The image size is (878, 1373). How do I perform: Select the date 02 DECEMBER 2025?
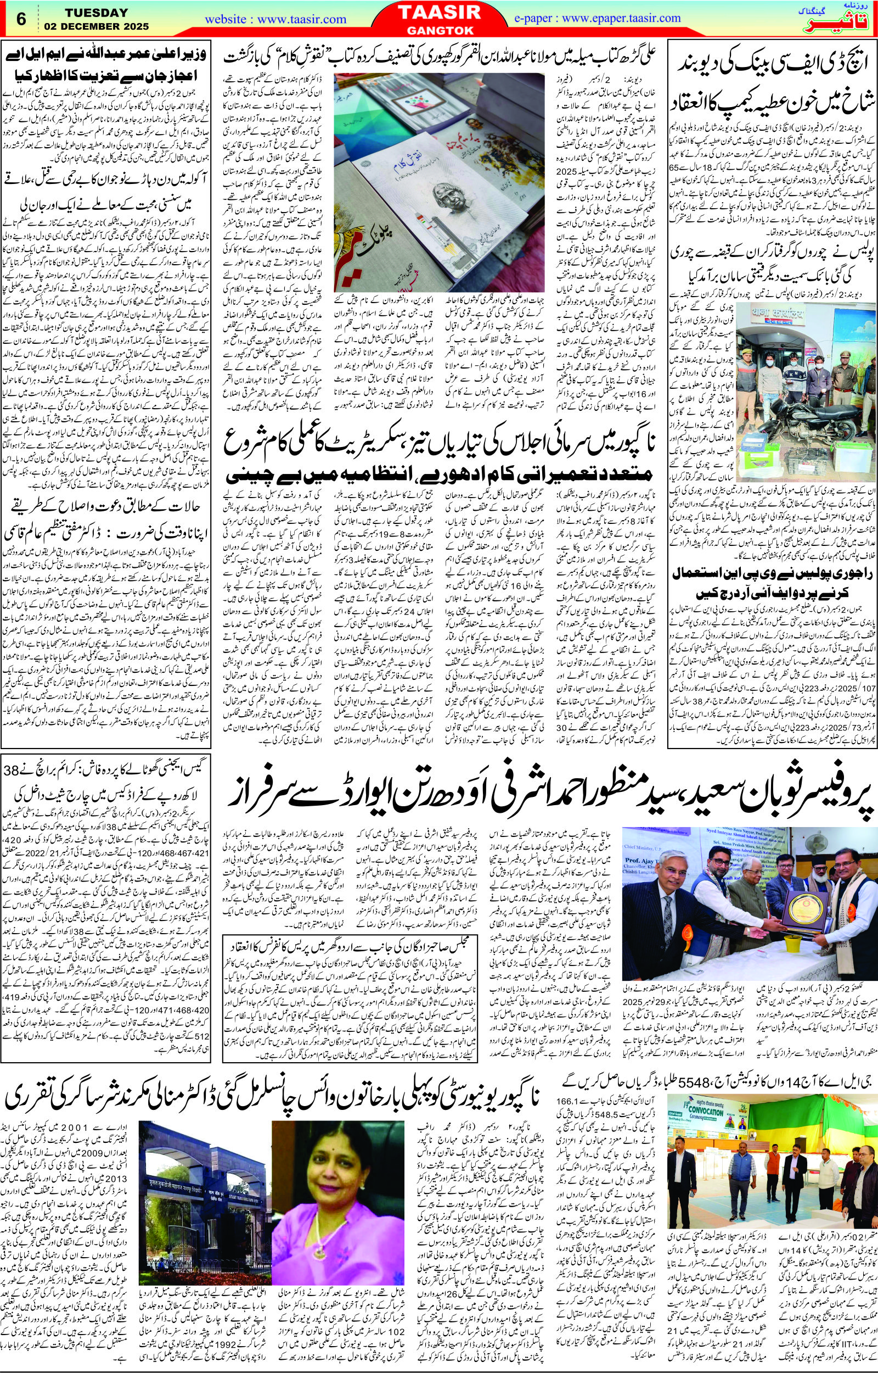(95, 26)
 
